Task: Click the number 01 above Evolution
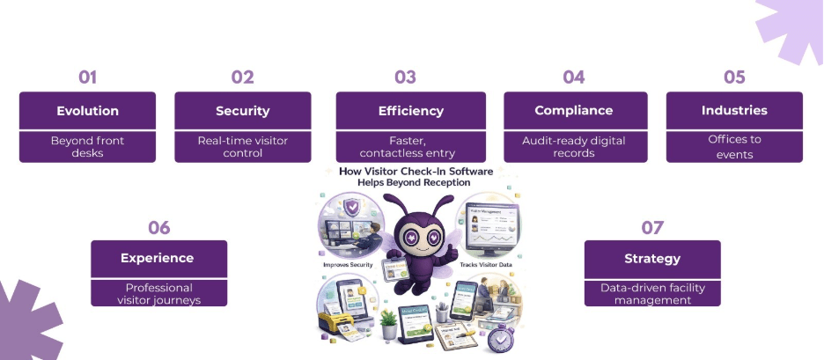tap(87, 77)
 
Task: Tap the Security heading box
tap(242, 110)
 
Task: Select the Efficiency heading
tap(410, 110)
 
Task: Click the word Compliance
tap(573, 110)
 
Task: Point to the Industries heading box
tap(734, 110)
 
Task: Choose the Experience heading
tap(158, 258)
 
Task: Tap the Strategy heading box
tap(652, 258)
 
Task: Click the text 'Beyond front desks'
tap(87, 146)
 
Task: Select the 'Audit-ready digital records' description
tap(573, 146)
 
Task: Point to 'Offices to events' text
tap(734, 146)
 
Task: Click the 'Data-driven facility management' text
tap(652, 294)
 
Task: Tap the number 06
tap(158, 228)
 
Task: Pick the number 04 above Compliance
tap(573, 77)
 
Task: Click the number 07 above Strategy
tap(652, 228)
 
